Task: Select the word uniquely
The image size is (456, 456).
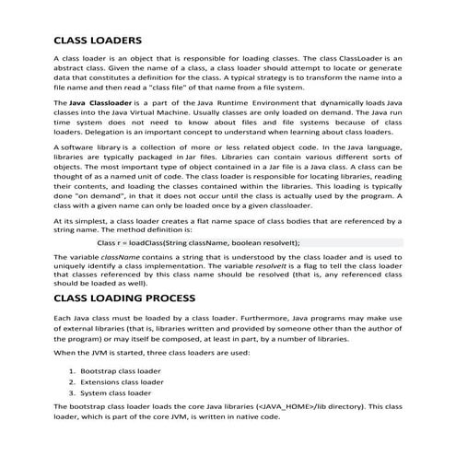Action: pos(73,274)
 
